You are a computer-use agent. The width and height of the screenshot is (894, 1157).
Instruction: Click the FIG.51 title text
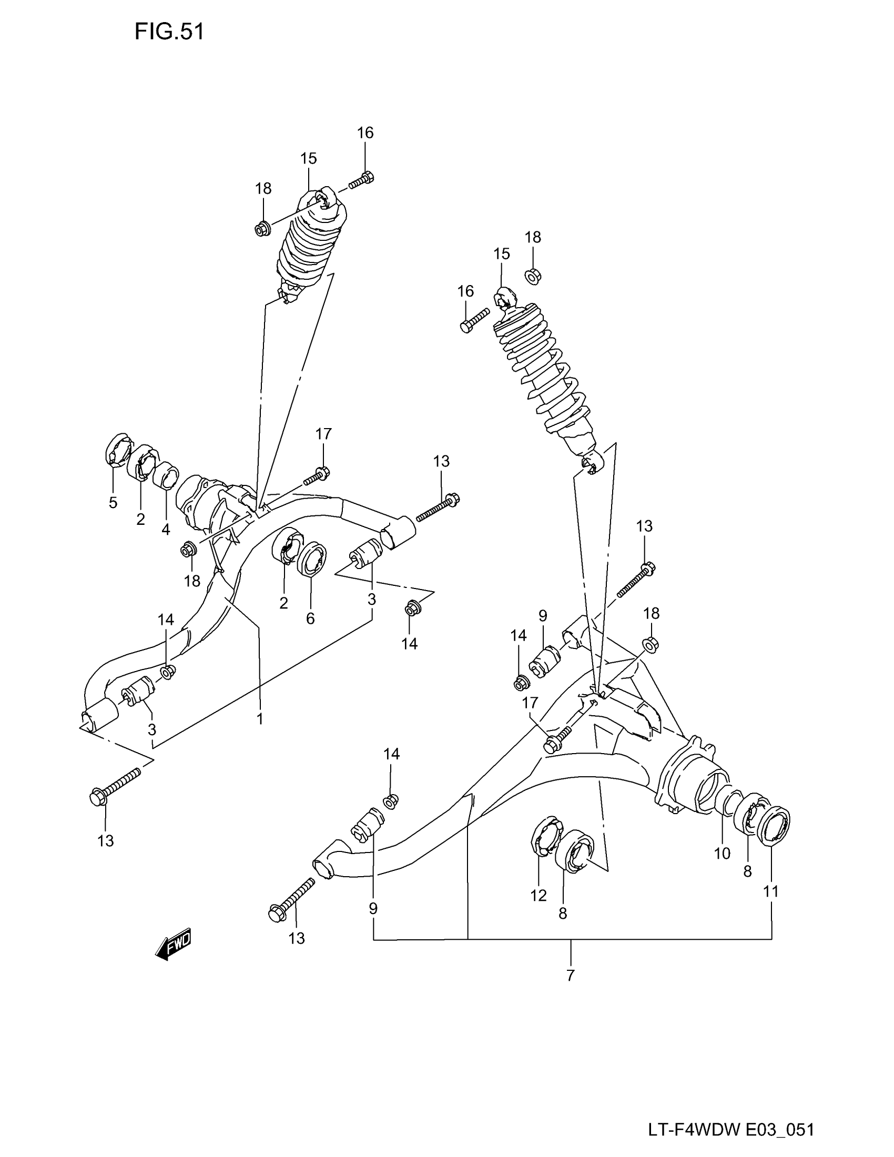coord(169,32)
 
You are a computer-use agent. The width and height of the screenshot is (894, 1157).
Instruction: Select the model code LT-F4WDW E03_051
coord(731,1130)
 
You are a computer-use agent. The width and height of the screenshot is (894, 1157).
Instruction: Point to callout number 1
coord(259,719)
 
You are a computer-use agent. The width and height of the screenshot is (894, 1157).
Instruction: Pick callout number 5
coord(113,502)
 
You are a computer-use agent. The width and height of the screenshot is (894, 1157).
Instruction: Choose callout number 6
coord(310,618)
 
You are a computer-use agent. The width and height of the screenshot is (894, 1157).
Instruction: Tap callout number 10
coord(722,853)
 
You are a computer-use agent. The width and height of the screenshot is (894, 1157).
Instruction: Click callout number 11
coord(771,891)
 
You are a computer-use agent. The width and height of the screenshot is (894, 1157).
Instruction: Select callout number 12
coord(538,895)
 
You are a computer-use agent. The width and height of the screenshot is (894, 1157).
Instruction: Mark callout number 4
coord(166,529)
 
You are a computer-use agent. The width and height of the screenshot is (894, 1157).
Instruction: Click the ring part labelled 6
coord(313,559)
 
